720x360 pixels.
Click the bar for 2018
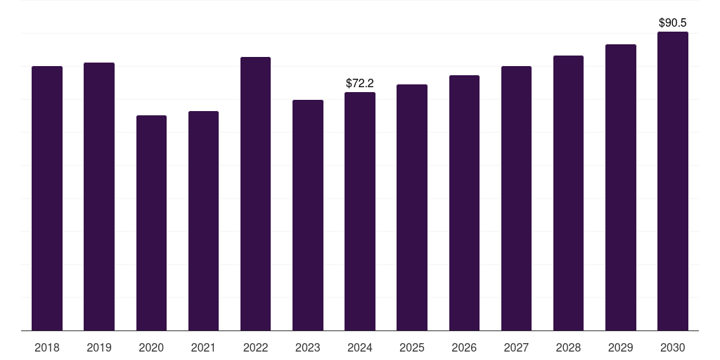point(47,198)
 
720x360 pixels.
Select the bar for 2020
point(151,223)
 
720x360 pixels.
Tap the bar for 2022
point(255,193)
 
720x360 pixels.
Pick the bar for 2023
point(308,215)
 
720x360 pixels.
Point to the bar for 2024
point(360,211)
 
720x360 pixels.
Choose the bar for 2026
point(464,202)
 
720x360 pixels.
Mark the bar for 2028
point(568,193)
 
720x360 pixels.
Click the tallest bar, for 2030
point(672,181)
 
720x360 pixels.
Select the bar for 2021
point(203,221)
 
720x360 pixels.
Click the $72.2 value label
point(360,83)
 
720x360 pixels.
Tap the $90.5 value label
point(672,22)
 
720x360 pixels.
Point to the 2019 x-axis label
point(99,347)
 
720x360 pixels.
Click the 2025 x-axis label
point(412,347)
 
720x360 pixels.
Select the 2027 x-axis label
point(516,347)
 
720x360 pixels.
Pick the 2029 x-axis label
point(620,347)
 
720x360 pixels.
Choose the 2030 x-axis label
point(672,347)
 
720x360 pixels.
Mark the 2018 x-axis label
point(47,347)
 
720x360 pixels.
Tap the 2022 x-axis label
point(255,347)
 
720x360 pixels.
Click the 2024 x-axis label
point(360,347)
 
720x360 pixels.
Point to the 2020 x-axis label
point(151,347)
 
